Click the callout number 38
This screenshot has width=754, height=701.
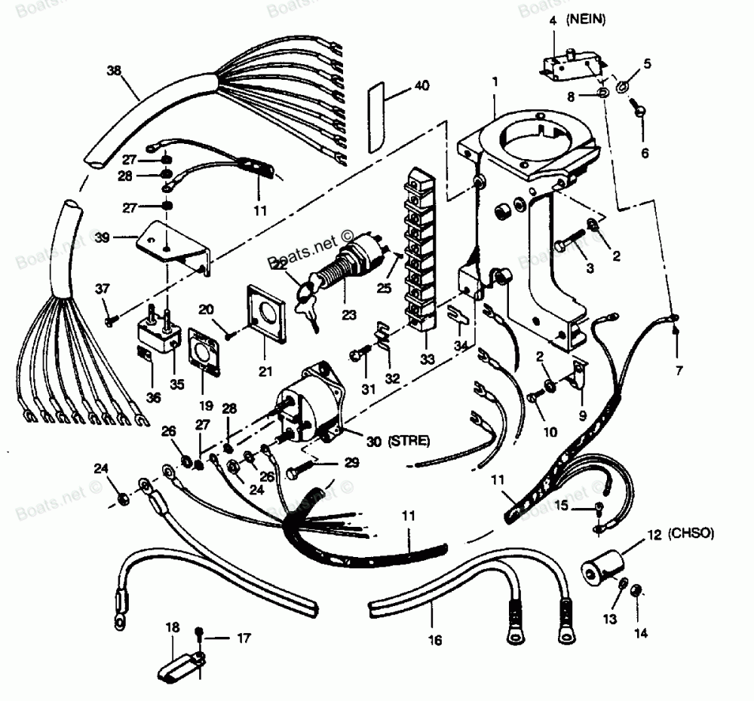(114, 70)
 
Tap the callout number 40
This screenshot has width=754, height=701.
(421, 86)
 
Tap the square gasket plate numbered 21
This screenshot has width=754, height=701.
(265, 308)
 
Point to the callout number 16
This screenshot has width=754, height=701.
(433, 641)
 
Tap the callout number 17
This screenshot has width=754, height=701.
(243, 638)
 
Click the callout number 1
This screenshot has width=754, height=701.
(495, 79)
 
